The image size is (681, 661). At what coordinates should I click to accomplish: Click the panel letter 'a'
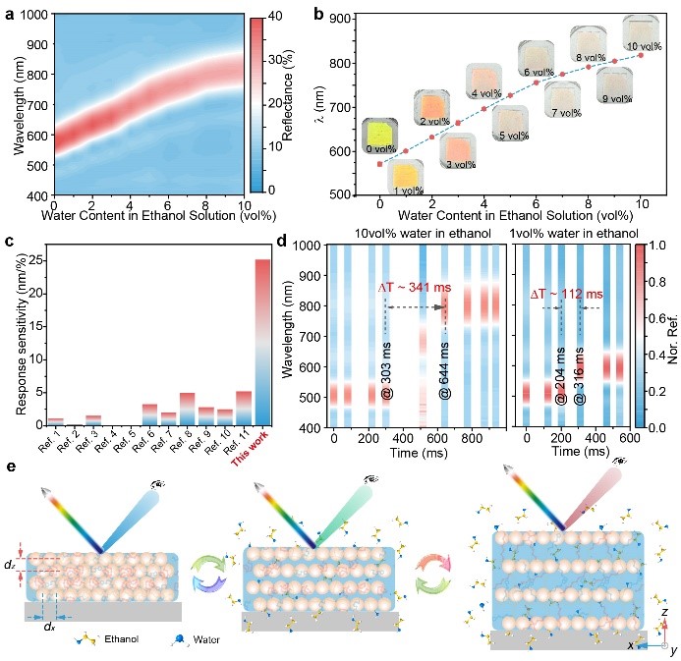click(x=7, y=13)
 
